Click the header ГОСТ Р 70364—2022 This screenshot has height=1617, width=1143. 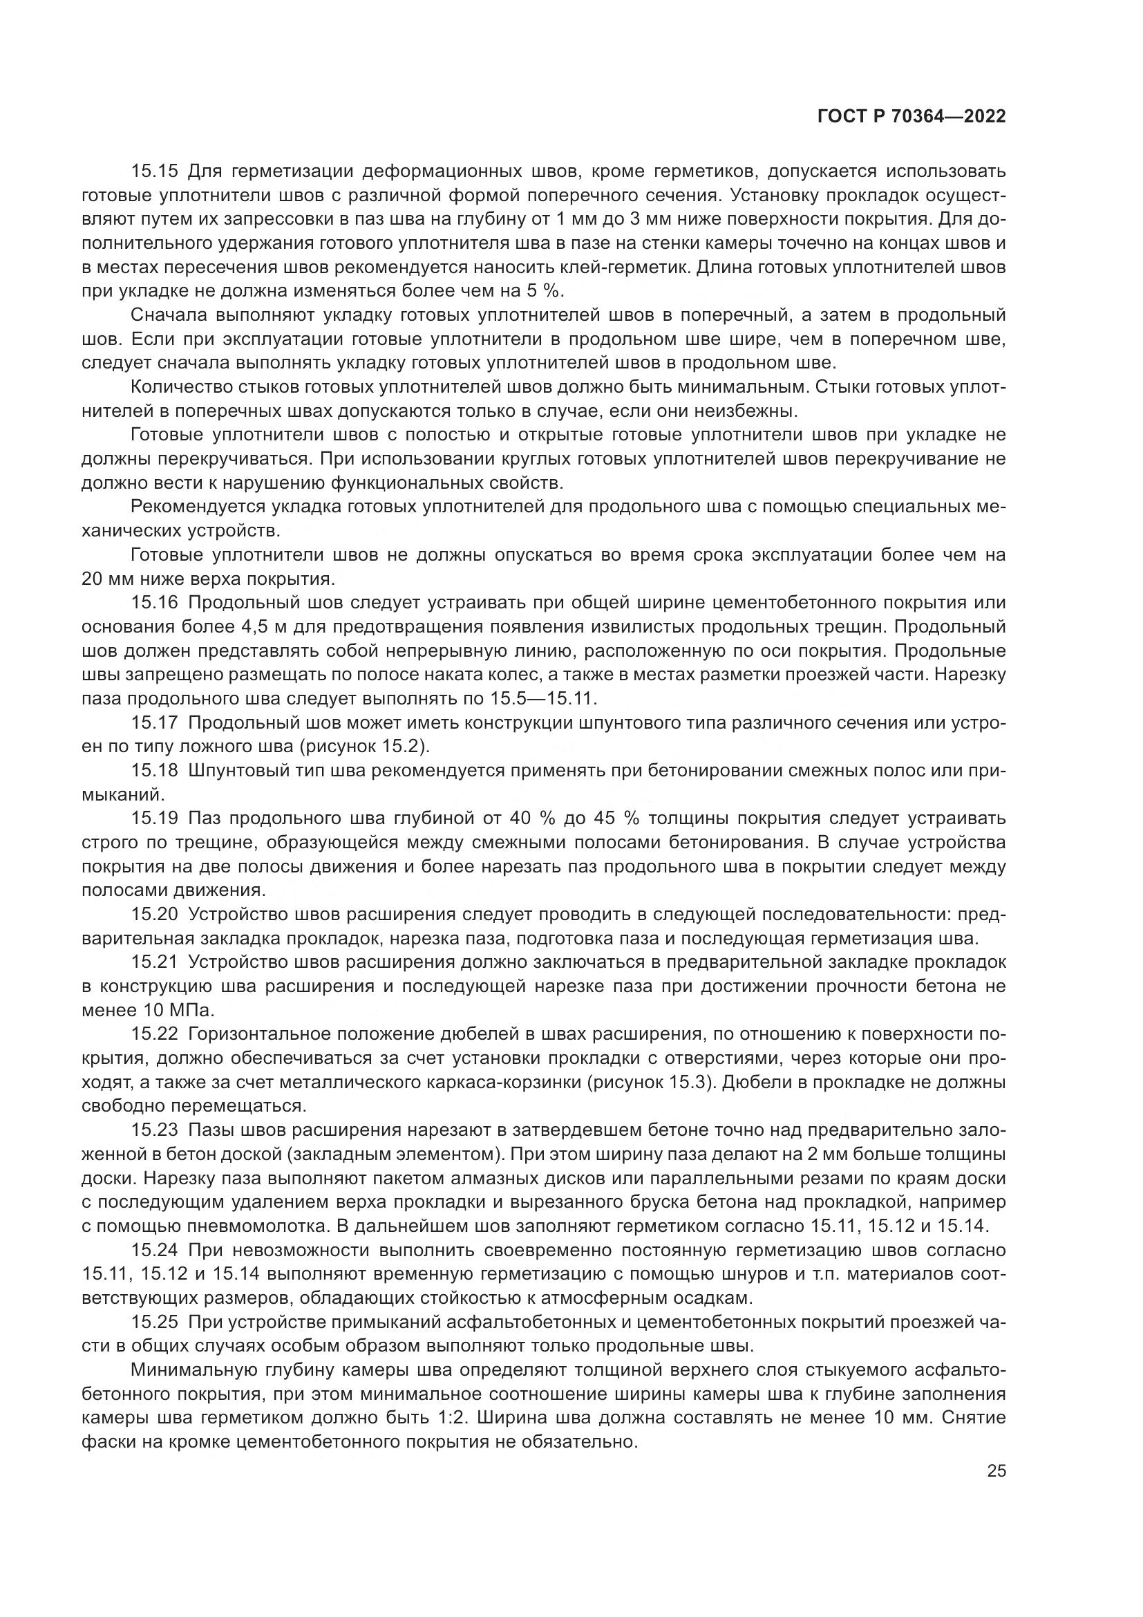[911, 116]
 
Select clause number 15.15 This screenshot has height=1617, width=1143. [156, 171]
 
